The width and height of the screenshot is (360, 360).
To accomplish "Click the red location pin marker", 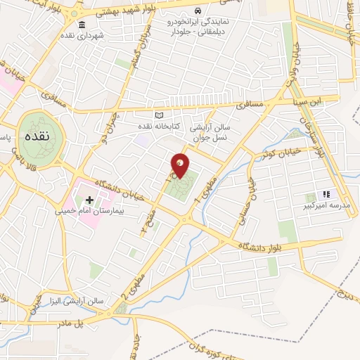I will click(180, 166).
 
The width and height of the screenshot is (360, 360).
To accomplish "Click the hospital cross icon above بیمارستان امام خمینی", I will click(89, 200).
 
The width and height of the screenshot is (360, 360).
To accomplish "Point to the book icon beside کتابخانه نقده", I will click(159, 116).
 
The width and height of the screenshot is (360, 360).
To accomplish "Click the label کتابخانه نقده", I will click(176, 126).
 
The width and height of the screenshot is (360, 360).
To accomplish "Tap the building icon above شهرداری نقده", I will click(82, 25).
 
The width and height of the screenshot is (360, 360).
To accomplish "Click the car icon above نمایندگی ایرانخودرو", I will click(199, 12).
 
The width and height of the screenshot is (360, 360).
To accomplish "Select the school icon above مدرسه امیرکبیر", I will click(326, 194).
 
